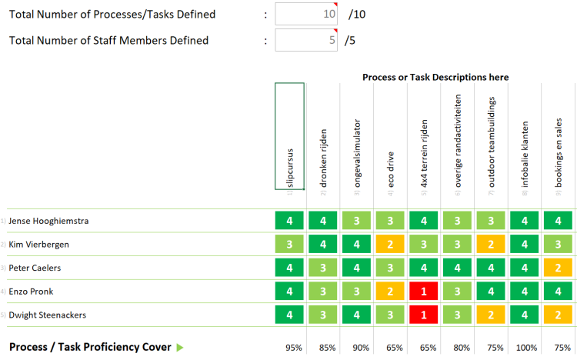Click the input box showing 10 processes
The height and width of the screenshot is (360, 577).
tap(306, 15)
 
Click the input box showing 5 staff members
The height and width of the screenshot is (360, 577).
tap(306, 41)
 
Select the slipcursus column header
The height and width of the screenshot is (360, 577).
tap(290, 135)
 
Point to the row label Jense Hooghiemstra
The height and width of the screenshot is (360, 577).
tap(48, 221)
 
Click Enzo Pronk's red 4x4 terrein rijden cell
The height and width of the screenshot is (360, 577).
tap(424, 292)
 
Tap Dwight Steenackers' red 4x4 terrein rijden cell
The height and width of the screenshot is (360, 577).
tap(424, 315)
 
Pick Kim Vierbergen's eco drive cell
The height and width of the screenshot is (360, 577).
tap(391, 245)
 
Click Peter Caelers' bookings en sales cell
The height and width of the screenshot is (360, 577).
tap(559, 268)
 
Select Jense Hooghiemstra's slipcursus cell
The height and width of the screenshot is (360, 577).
tap(290, 221)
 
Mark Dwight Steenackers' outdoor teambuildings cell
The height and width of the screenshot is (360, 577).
tap(492, 315)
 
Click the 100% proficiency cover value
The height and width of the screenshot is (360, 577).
tap(525, 348)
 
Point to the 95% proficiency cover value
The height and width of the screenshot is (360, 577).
tap(293, 348)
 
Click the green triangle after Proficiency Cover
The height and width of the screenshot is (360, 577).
tap(180, 348)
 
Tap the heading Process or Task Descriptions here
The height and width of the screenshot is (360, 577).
tap(435, 78)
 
